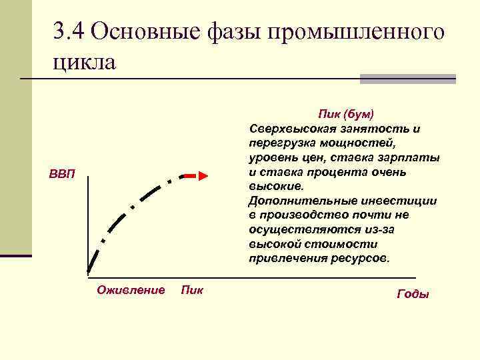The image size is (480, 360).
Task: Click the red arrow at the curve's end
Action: pos(197,175)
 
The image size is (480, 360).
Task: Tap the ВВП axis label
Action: pos(63,175)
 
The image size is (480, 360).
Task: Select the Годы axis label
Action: pos(413,294)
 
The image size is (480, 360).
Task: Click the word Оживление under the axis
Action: pos(131,290)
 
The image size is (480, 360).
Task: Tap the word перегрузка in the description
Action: pos(280,143)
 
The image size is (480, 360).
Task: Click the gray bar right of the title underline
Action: pos(407,79)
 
